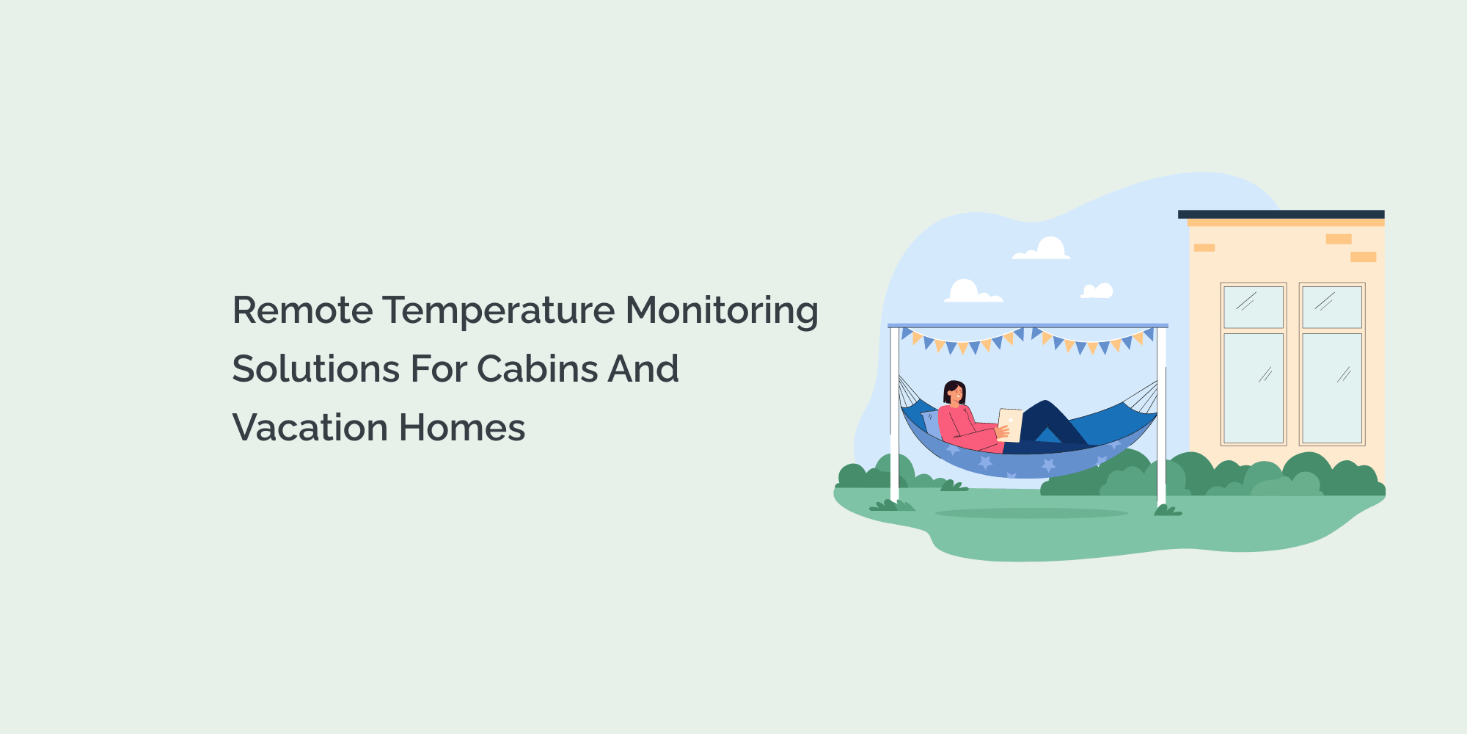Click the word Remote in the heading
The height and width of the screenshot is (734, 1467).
pyautogui.click(x=302, y=310)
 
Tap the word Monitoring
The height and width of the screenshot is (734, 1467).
pyautogui.click(x=722, y=310)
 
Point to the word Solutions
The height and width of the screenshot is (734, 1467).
pyautogui.click(x=315, y=369)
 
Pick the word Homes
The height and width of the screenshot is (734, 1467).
pyautogui.click(x=462, y=428)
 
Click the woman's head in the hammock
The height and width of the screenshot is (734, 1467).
pyautogui.click(x=954, y=393)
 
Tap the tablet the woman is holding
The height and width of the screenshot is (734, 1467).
pyautogui.click(x=1010, y=424)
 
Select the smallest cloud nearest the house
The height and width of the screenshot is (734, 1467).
pyautogui.click(x=1097, y=291)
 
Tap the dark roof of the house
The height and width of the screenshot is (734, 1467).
pyautogui.click(x=1281, y=214)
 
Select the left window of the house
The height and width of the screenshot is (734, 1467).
pyautogui.click(x=1253, y=364)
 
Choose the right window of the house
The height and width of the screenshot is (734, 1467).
pyautogui.click(x=1331, y=364)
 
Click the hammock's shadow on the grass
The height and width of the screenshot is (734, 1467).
pyautogui.click(x=1031, y=513)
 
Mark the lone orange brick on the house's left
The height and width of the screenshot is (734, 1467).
pyautogui.click(x=1204, y=248)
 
